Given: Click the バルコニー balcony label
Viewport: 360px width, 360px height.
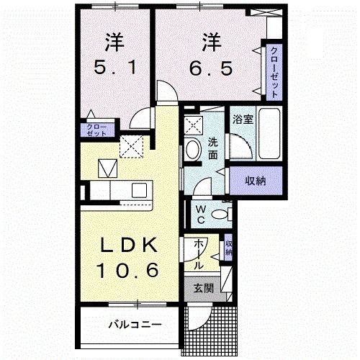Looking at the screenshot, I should (135, 324).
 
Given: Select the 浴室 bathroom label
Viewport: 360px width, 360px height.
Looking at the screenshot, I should (242, 120).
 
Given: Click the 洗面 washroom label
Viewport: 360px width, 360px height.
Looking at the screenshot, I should (214, 148).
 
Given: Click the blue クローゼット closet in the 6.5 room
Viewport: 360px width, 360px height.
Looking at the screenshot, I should (275, 71).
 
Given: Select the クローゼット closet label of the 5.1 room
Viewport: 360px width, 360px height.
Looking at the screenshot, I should (96, 130).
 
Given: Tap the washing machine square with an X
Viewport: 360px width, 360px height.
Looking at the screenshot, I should (194, 124).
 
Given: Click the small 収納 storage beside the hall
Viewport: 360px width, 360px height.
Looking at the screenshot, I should (228, 249).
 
